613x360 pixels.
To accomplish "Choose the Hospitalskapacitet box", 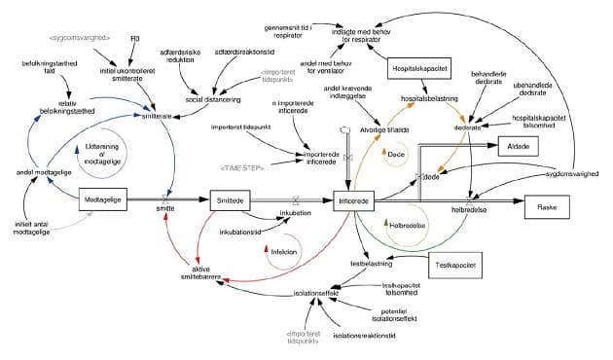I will (418, 70).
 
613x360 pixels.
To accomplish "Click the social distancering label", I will (213, 100).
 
